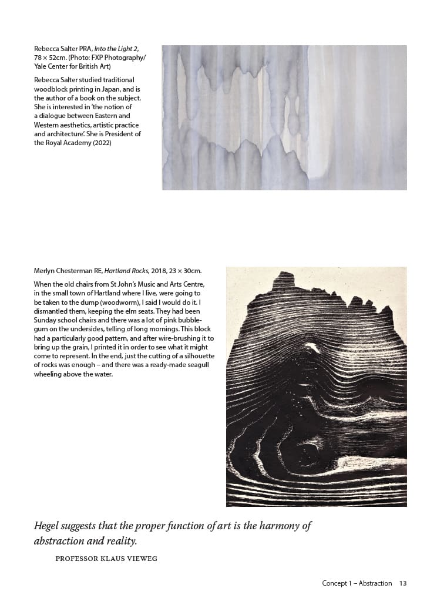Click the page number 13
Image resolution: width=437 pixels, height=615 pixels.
(402, 583)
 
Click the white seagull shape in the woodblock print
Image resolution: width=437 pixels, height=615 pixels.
(311, 348)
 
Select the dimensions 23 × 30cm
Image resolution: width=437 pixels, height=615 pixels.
(186, 271)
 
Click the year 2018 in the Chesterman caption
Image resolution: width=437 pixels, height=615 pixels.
(159, 271)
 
